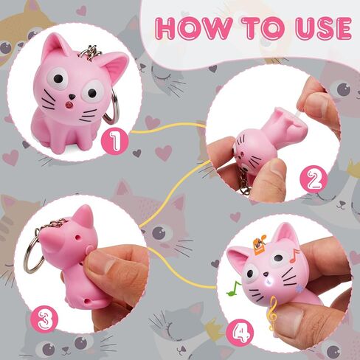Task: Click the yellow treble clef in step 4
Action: (274, 314)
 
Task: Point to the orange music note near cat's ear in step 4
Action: (294, 256)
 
